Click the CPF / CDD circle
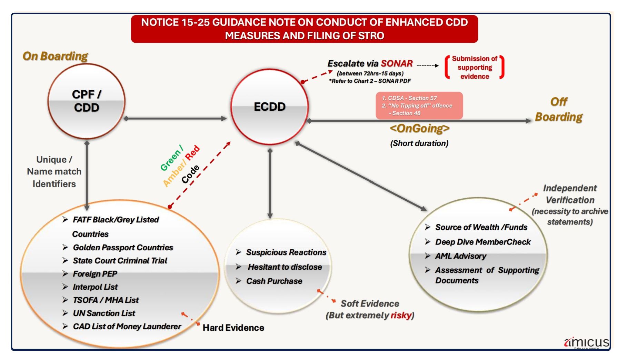pyautogui.click(x=86, y=101)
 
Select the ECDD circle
pyautogui.click(x=269, y=107)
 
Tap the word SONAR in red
pyautogui.click(x=397, y=63)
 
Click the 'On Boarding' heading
pyautogui.click(x=55, y=56)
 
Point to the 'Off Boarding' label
pyautogui.click(x=559, y=109)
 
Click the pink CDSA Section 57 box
pyautogui.click(x=419, y=106)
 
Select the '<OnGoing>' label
pyautogui.click(x=420, y=128)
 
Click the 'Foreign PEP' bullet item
pyautogui.click(x=95, y=274)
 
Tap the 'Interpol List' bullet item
pyautogui.click(x=95, y=287)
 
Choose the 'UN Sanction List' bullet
pyautogui.click(x=104, y=313)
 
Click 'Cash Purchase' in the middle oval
pyautogui.click(x=274, y=281)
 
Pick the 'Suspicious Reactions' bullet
pyautogui.click(x=286, y=252)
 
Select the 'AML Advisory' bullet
pyautogui.click(x=460, y=256)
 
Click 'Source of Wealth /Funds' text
pyautogui.click(x=481, y=227)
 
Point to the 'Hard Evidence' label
pyautogui.click(x=233, y=328)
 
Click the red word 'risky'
pyautogui.click(x=401, y=315)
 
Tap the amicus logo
pyautogui.click(x=587, y=342)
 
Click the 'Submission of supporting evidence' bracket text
pyautogui.click(x=475, y=68)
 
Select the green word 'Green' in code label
pyautogui.click(x=171, y=159)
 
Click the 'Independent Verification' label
pyautogui.click(x=570, y=194)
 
